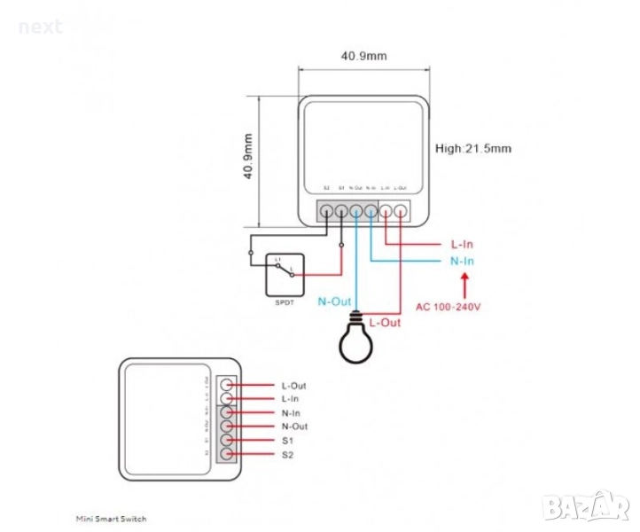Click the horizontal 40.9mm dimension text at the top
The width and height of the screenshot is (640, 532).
tap(364, 56)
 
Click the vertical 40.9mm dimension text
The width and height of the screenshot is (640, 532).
tap(248, 157)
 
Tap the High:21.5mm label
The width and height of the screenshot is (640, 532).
tap(473, 148)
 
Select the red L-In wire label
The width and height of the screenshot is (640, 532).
tap(462, 243)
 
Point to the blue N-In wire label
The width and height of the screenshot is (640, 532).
tap(462, 261)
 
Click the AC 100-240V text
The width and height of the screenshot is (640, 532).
tap(449, 307)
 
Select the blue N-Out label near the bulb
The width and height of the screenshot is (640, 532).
tap(334, 301)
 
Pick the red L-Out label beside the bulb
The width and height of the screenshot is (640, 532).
tap(385, 323)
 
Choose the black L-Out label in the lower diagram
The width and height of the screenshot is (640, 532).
tap(293, 386)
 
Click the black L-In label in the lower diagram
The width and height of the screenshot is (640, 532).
tap(291, 399)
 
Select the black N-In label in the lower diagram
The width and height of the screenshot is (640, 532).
tap(292, 413)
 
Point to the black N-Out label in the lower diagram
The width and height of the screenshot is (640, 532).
tap(294, 426)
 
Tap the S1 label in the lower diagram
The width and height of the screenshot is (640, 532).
tap(287, 441)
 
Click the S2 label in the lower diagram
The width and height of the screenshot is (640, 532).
tap(287, 455)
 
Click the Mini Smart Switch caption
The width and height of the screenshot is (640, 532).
tap(111, 518)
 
